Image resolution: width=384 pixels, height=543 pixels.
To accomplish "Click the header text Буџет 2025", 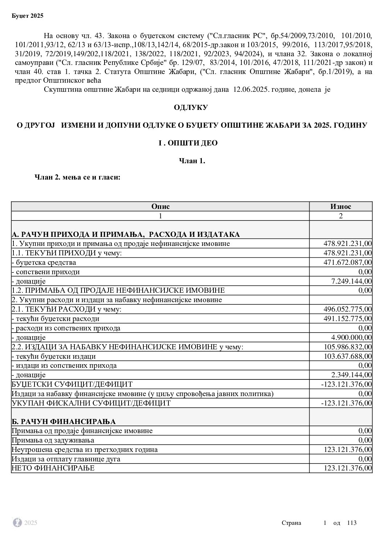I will tap(28, 16).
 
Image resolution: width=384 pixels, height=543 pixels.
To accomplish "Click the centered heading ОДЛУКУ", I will tap(191, 108).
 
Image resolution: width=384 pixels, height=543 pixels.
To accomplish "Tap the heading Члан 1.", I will tap(192, 161).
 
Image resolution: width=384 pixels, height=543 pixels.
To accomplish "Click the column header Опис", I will tap(160, 206).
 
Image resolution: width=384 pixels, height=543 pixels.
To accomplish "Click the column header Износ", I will tap(340, 206).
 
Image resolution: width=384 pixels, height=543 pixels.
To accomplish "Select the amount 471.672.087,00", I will tap(347, 262).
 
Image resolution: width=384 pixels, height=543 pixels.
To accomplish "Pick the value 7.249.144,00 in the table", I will tap(351, 281).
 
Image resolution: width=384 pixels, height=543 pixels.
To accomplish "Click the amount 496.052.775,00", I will tap(347, 309).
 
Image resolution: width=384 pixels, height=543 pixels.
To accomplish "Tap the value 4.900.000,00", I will tap(351, 337).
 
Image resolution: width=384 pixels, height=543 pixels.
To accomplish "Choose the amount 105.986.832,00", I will tap(347, 347).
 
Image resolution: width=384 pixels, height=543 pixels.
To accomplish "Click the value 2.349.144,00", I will tap(351, 375).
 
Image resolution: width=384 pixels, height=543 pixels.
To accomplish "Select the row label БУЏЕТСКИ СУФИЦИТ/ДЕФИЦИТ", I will tap(72, 384).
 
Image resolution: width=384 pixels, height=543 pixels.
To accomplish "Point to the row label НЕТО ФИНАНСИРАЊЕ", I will tap(53, 468).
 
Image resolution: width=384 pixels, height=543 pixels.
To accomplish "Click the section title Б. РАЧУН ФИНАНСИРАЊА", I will tap(64, 421).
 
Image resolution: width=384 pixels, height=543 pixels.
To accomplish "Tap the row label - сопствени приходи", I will tap(46, 272).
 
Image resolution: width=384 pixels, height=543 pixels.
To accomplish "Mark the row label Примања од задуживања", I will tap(53, 440).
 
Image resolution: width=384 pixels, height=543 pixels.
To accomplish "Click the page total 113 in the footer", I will tap(352, 523).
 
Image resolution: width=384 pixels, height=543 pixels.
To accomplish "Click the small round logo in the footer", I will tap(17, 523).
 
